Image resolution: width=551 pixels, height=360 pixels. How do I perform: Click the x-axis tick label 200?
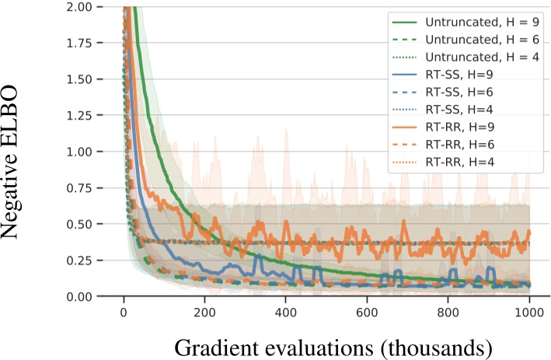click(204, 313)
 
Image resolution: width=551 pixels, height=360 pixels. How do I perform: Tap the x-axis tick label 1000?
click(528, 313)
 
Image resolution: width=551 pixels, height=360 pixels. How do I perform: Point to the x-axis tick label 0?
click(124, 313)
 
